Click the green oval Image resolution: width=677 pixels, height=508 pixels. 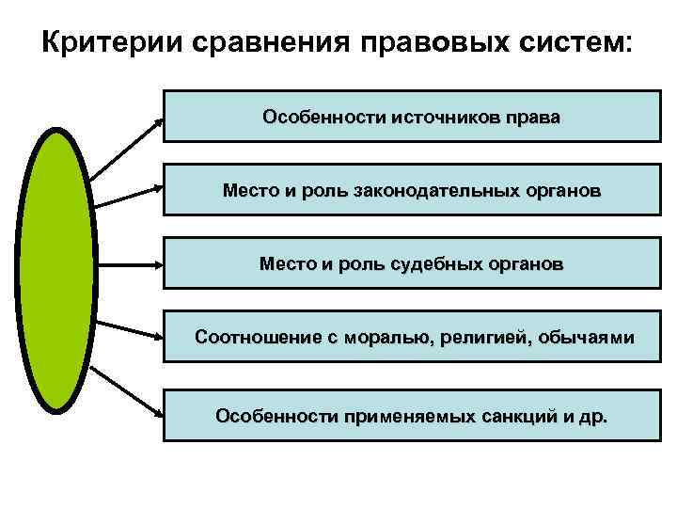click(x=55, y=268)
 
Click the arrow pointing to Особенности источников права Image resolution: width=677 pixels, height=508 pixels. click(x=127, y=148)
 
